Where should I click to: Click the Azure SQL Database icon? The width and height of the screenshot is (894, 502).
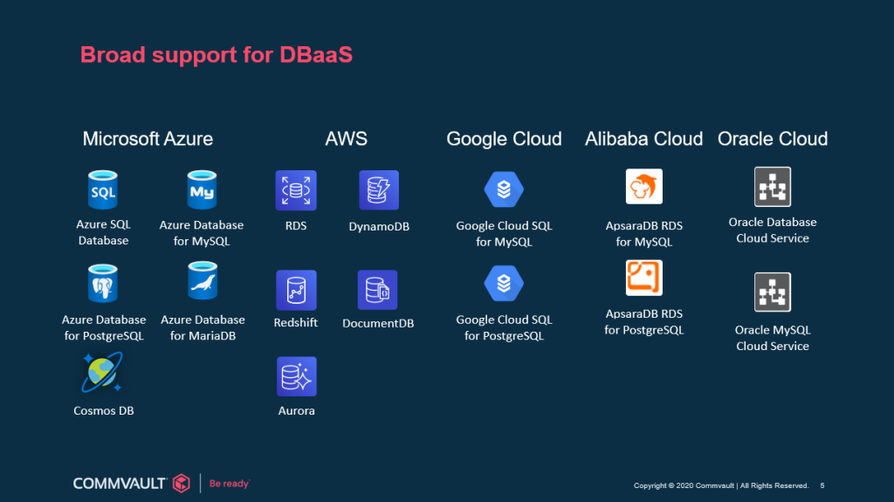click(x=103, y=190)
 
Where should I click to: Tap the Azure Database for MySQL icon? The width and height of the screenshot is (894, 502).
click(x=202, y=190)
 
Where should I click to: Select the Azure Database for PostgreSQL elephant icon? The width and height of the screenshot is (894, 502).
click(x=103, y=283)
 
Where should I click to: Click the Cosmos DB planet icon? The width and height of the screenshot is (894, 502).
click(x=102, y=373)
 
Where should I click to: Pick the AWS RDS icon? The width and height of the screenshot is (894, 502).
click(x=296, y=190)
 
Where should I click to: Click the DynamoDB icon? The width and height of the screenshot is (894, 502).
click(x=379, y=190)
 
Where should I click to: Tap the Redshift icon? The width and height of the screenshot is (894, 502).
click(x=296, y=291)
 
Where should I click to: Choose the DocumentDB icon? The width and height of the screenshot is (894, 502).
click(x=377, y=290)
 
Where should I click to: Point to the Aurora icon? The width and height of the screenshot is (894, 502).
click(x=297, y=376)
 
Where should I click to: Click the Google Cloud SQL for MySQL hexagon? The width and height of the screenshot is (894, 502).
click(x=504, y=189)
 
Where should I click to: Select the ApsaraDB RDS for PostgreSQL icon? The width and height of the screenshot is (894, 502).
click(x=644, y=278)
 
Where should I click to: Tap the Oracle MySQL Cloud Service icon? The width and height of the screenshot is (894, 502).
click(x=773, y=292)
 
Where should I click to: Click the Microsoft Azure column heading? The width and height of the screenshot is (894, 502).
click(x=148, y=139)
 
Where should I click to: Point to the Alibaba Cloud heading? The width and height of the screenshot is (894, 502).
click(x=643, y=139)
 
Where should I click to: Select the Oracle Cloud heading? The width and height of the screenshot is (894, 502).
click(x=773, y=139)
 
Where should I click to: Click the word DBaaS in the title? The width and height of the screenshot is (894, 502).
click(x=316, y=55)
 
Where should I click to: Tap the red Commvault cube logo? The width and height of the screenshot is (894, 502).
click(x=182, y=483)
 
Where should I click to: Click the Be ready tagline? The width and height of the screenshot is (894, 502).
click(x=230, y=484)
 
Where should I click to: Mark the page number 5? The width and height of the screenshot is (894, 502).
click(x=822, y=485)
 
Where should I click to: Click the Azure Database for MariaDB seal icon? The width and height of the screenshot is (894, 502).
click(x=203, y=280)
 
